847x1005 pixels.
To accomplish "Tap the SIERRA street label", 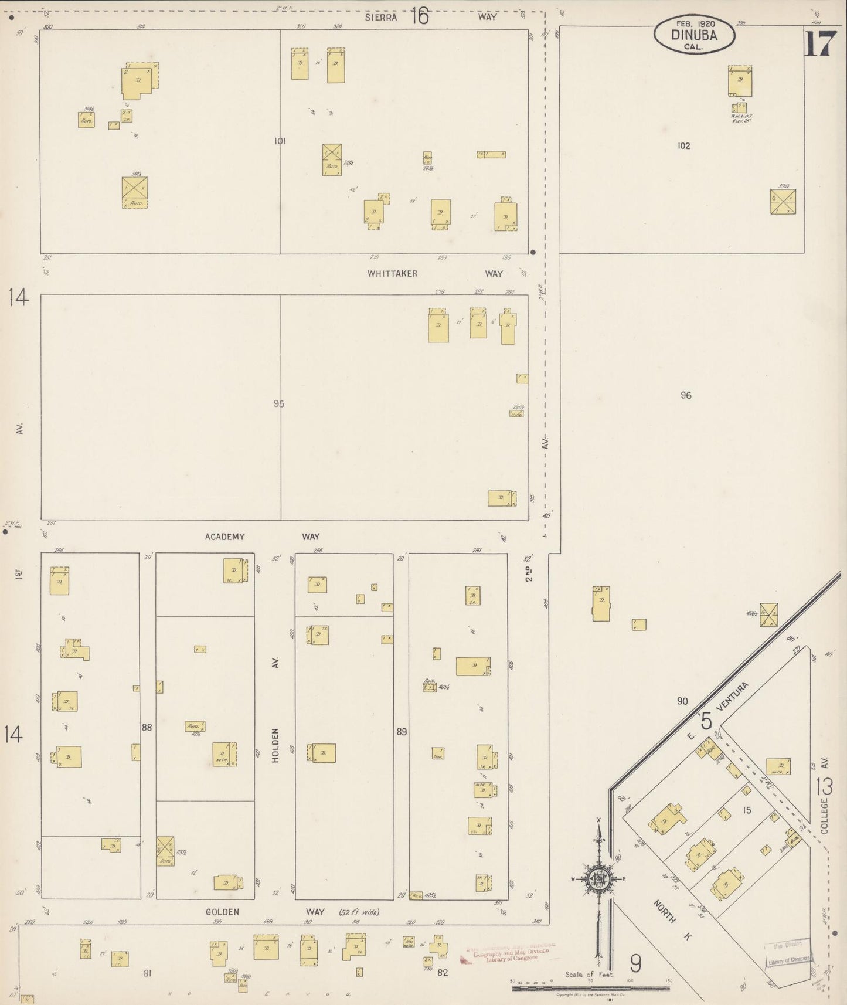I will tap(381, 17).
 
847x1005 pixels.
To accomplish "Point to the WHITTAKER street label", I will tap(392, 273).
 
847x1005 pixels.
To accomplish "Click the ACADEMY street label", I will tap(224, 537).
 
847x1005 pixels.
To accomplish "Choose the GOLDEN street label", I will tap(222, 912).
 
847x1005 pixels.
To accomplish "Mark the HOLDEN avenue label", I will tap(275, 745).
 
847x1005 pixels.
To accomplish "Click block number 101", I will tap(280, 141).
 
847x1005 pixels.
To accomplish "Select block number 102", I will tap(683, 145).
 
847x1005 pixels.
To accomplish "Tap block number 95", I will tap(278, 403).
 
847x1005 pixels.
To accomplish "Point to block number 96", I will tap(686, 395).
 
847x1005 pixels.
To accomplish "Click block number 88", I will tap(147, 727).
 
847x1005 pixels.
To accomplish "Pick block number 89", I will tap(402, 731).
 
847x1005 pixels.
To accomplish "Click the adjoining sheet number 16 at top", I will tap(420, 16).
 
